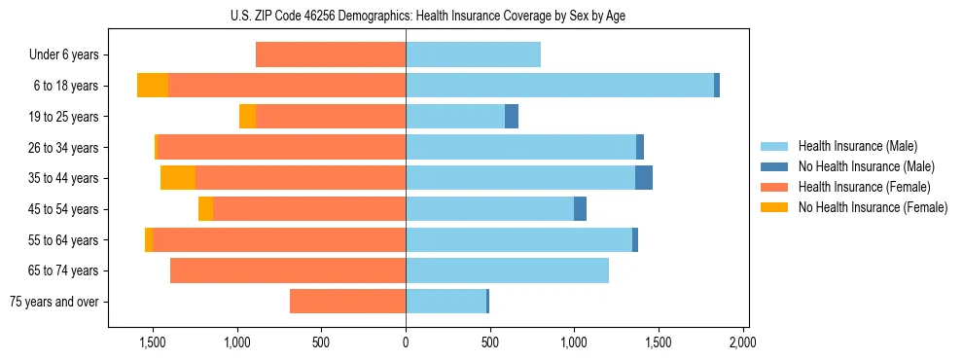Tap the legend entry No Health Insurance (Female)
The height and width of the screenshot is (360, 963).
[x=873, y=207]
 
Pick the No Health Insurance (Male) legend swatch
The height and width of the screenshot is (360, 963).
[x=774, y=166]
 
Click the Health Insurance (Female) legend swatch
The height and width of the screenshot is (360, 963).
[x=774, y=187]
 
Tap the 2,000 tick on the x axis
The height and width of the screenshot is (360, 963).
[x=743, y=342]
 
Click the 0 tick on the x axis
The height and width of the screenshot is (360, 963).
[x=406, y=342]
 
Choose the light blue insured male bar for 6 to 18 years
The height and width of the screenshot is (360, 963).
[x=559, y=86]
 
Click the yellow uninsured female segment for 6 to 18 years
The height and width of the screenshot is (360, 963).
[x=153, y=86]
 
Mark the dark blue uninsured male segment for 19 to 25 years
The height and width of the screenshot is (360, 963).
[x=512, y=117]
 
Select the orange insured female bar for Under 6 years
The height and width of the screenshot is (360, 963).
[x=331, y=55]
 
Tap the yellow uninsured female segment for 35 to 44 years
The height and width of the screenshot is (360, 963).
[x=178, y=178]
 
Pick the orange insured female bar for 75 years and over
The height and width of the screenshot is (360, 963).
[x=347, y=302]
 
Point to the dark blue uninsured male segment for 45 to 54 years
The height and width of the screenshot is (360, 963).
[x=580, y=209]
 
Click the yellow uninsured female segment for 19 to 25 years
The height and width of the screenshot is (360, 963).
[x=247, y=117]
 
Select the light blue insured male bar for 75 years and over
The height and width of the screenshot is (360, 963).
[x=446, y=302]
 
